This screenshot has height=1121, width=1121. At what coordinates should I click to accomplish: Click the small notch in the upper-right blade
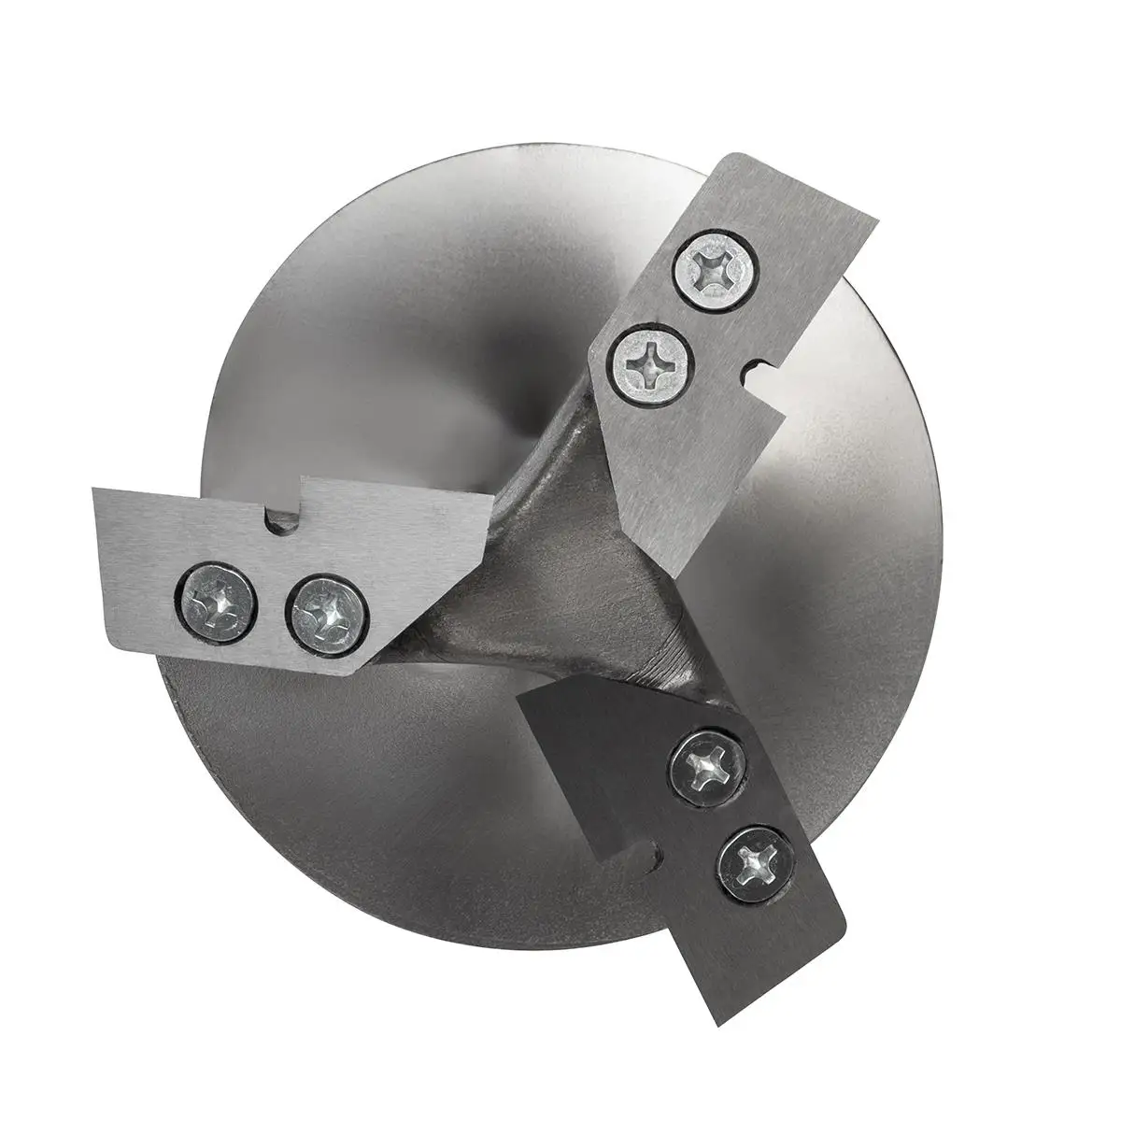[752, 372]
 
